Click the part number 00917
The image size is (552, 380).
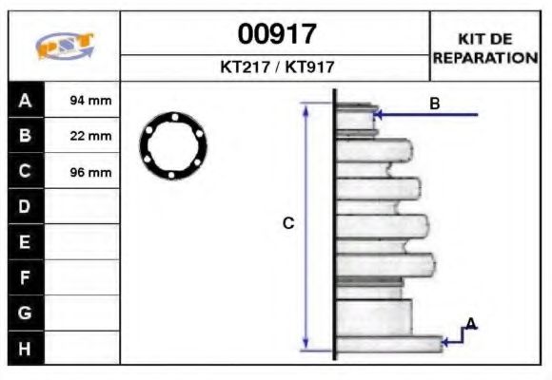pos(276,35)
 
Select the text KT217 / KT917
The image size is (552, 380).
pos(276,68)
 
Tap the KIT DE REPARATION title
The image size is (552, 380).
pos(484,47)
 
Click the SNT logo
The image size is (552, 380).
pos(64,47)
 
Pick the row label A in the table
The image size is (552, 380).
pos(26,100)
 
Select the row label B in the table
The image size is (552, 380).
pos(26,136)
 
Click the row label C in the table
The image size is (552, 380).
pos(26,172)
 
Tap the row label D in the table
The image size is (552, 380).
pos(26,207)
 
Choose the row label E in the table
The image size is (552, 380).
pos(26,242)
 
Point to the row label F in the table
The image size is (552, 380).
pos(26,277)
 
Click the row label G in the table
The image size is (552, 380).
pos(26,313)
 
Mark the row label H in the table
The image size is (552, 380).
pos(26,349)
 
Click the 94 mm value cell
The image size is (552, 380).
pos(91,100)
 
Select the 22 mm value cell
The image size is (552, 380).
pos(91,136)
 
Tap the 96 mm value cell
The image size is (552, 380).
pos(91,172)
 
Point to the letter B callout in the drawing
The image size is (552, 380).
pos(435,104)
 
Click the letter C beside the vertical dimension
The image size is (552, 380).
pos(288,223)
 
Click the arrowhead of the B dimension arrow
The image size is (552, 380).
pos(379,115)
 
